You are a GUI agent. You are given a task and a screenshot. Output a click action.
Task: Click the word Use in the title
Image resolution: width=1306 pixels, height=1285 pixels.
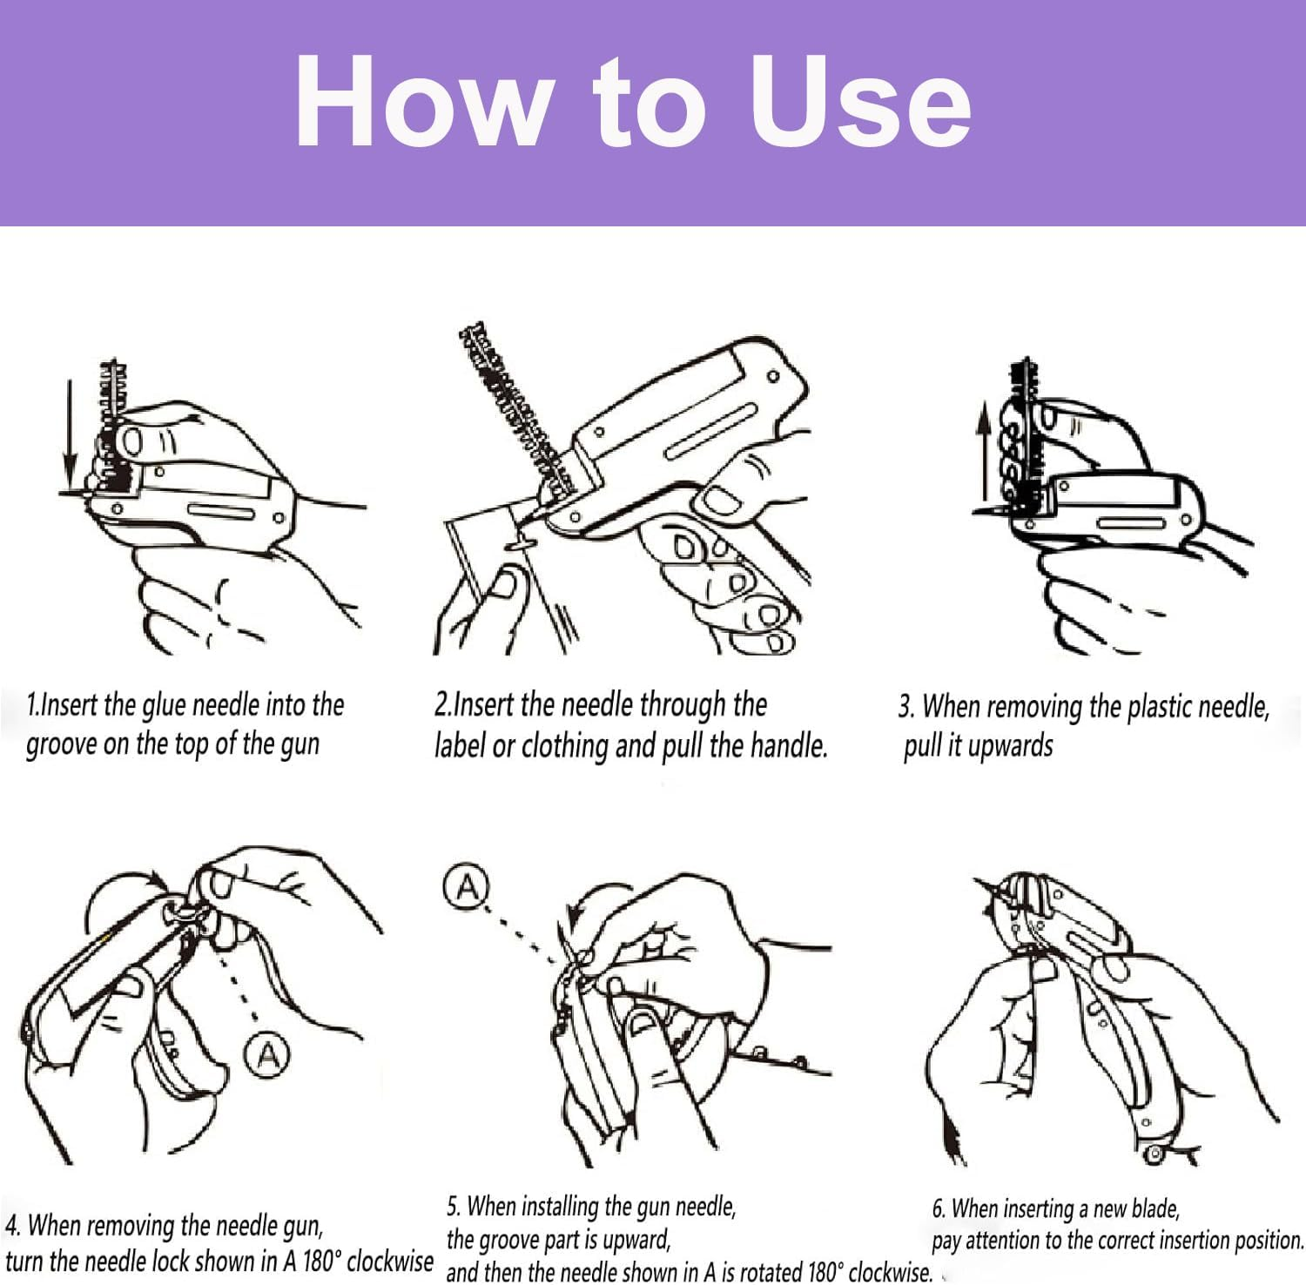pyautogui.click(x=860, y=103)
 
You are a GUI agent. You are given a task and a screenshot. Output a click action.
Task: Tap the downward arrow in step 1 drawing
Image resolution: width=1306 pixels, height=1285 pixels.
pyautogui.click(x=71, y=431)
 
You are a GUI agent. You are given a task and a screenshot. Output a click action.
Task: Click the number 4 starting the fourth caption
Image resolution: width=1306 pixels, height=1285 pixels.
pyautogui.click(x=11, y=1226)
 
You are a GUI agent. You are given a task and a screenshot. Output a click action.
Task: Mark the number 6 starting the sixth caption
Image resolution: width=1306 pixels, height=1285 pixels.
pyautogui.click(x=938, y=1209)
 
